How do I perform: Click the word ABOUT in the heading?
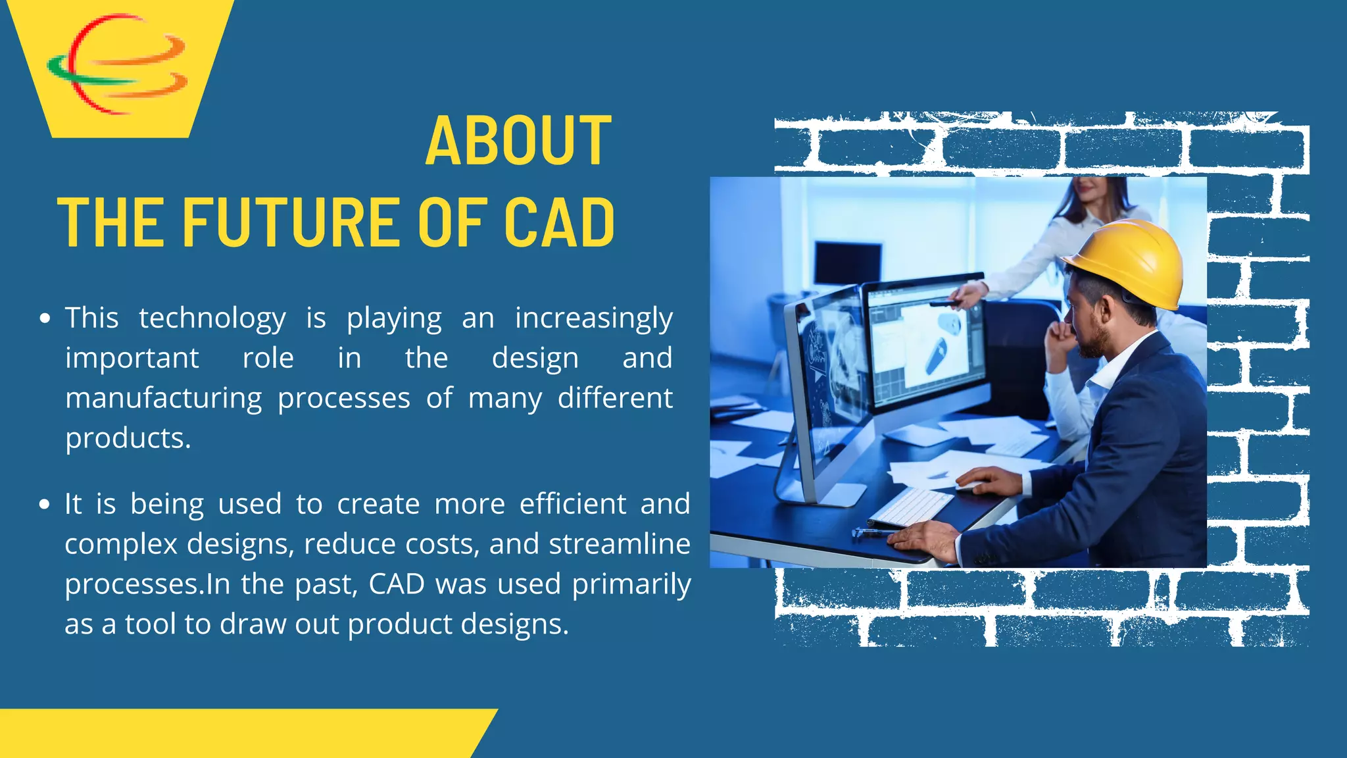coord(518,141)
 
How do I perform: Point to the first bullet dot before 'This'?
coord(45,319)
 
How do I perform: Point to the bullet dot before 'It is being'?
coord(45,505)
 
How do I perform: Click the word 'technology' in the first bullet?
coord(212,319)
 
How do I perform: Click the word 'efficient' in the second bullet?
coord(572,505)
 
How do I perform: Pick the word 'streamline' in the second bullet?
coord(620,545)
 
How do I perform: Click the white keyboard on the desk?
coord(911,507)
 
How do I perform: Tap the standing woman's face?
coord(1092,191)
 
